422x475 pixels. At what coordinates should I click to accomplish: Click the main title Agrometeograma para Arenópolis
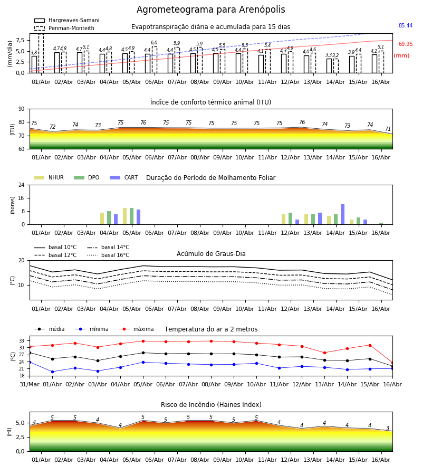coord(210,9)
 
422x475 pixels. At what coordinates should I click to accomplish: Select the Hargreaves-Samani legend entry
coord(67,20)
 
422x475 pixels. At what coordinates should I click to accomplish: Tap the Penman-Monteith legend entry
coord(64,28)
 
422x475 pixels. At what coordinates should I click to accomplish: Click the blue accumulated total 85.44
coord(406,25)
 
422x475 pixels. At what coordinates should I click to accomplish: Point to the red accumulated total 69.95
coord(406,44)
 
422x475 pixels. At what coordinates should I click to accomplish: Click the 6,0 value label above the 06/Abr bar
coord(154,43)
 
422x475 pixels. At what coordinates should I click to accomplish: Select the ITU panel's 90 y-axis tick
coord(22,109)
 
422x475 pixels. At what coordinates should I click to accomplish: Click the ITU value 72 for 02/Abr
coord(52,127)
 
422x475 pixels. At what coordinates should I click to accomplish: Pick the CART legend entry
coord(124,177)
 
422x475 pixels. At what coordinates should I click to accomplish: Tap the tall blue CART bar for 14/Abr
coord(342,214)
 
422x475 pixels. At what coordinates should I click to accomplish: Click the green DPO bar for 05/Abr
coord(132,216)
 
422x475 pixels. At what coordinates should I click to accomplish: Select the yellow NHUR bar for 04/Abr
coord(102,218)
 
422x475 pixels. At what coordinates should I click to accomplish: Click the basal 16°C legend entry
coord(108,255)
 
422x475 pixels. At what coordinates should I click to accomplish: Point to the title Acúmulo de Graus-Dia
coord(211,253)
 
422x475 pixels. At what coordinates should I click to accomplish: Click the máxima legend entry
coord(136,329)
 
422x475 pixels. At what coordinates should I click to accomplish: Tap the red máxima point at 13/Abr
coord(324,353)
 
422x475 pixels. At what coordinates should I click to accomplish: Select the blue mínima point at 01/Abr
coord(52,372)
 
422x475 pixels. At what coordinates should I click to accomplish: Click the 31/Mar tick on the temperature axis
coord(30,384)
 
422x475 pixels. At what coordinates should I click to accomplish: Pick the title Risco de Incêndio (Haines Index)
coord(211,404)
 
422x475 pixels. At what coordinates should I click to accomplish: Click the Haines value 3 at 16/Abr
coord(388,428)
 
